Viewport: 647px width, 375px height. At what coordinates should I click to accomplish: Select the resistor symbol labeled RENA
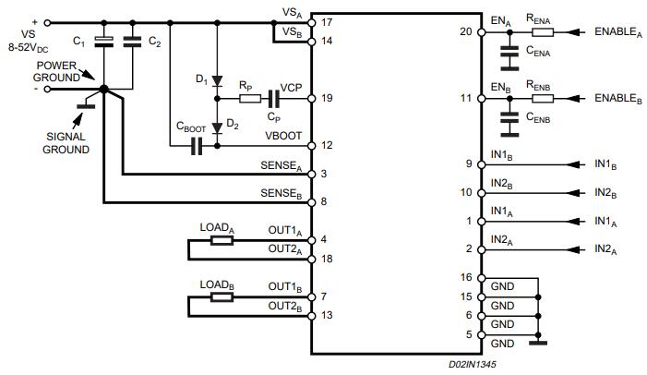[542, 32]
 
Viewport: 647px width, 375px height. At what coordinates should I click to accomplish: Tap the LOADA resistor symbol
[222, 240]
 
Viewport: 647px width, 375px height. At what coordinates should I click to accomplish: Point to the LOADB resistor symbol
[222, 296]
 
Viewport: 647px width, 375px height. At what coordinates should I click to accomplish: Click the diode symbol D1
[216, 81]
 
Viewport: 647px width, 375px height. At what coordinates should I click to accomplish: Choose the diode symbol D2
[216, 127]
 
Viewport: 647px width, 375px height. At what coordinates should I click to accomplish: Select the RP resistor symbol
[246, 96]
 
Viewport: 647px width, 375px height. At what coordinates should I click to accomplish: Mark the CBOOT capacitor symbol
[196, 145]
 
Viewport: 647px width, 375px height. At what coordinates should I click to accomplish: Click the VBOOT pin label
[284, 136]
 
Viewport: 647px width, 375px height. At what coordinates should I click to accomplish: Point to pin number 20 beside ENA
[466, 31]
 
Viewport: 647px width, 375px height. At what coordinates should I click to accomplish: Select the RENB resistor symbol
[542, 97]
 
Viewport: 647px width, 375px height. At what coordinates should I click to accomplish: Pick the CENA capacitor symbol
[507, 53]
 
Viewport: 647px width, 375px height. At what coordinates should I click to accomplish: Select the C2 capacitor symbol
[131, 41]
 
